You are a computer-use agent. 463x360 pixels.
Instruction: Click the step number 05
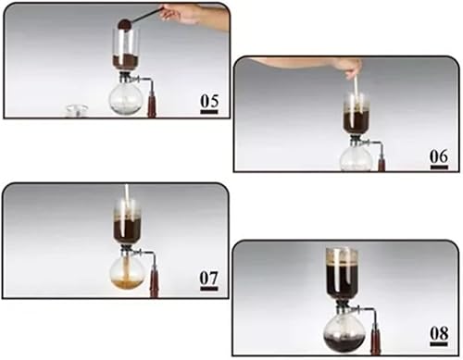coord(209,101)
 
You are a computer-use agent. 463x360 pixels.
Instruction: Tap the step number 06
coord(439,156)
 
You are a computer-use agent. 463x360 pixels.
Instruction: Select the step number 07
coord(209,279)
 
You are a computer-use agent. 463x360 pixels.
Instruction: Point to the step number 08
coord(439,333)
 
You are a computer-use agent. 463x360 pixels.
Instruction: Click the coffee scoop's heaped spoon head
coord(125,24)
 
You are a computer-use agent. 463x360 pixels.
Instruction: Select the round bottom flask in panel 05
coord(125,98)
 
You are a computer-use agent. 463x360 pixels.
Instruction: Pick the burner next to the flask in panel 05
coord(154,104)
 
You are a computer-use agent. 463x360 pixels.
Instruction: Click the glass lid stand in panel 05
coord(77,111)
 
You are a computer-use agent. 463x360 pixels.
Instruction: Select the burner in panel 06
coord(382,160)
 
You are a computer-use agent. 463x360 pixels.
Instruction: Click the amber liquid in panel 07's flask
coord(127,283)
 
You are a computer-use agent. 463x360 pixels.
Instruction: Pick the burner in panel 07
coord(155,282)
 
